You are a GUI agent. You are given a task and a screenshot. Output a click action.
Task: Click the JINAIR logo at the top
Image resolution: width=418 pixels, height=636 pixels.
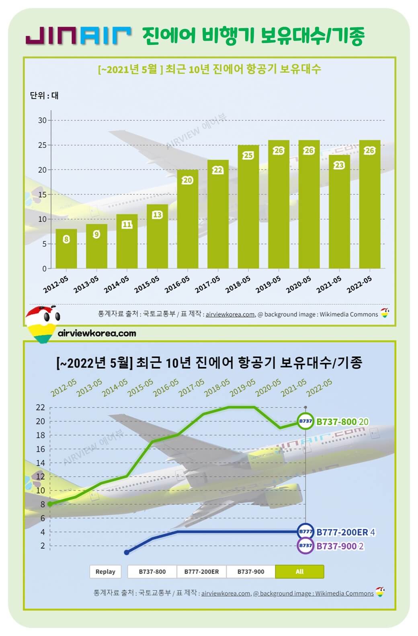pyautogui.click(x=78, y=35)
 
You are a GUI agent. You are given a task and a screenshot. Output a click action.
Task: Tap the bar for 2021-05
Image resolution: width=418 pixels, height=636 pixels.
pyautogui.click(x=339, y=211)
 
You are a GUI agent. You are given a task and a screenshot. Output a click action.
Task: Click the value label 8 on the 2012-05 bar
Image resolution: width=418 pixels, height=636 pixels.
pyautogui.click(x=66, y=239)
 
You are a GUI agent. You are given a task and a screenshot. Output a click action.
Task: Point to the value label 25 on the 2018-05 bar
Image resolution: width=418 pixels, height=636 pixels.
pyautogui.click(x=248, y=155)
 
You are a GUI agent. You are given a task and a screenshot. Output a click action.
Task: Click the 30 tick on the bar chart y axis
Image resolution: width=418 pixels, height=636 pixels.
pyautogui.click(x=42, y=120)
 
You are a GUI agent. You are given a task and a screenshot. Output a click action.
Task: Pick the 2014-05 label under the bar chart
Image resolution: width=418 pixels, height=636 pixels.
pyautogui.click(x=117, y=284)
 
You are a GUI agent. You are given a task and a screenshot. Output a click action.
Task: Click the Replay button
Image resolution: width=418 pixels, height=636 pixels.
pyautogui.click(x=105, y=572)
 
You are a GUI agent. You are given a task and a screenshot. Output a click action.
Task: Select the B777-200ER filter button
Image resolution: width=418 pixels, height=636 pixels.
pyautogui.click(x=201, y=572)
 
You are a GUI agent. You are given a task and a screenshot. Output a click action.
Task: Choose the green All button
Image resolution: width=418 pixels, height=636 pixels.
pyautogui.click(x=299, y=572)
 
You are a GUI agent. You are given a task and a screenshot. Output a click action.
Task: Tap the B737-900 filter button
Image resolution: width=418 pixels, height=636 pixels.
pyautogui.click(x=251, y=572)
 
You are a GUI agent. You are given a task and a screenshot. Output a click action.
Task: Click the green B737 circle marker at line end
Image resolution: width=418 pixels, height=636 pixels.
pyautogui.click(x=305, y=421)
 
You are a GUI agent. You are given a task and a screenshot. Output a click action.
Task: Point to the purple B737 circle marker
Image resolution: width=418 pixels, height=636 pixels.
pyautogui.click(x=305, y=546)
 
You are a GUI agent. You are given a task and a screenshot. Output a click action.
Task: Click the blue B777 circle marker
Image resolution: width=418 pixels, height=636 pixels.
pyautogui.click(x=305, y=532)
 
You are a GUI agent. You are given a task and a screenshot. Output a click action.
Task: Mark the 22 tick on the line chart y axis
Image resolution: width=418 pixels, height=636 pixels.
pyautogui.click(x=41, y=407)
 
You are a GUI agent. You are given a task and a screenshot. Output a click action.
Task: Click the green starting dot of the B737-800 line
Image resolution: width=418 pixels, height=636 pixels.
pyautogui.click(x=50, y=504)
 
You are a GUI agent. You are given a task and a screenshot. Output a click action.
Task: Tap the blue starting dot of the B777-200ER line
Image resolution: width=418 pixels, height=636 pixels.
pyautogui.click(x=127, y=552)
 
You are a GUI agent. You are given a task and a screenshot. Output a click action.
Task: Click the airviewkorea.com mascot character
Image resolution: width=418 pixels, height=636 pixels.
pyautogui.click(x=42, y=324)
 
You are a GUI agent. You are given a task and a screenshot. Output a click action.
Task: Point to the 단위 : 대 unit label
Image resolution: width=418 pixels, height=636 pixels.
pyautogui.click(x=44, y=96)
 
